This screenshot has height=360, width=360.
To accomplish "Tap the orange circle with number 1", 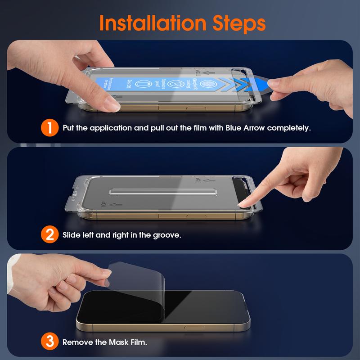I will point(49,128).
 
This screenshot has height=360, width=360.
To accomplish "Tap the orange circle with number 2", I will point(49,234).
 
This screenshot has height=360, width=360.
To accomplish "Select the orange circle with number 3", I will point(49,342).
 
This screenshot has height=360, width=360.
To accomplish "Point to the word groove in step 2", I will point(166,234).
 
